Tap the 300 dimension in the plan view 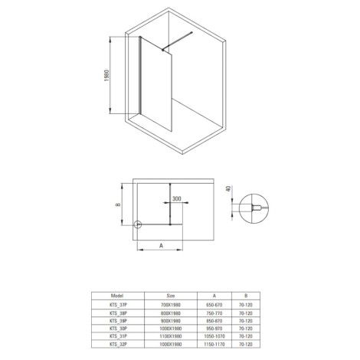point(177,198)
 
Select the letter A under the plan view point(161,245)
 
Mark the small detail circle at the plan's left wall point(137,225)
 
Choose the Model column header point(117,293)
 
